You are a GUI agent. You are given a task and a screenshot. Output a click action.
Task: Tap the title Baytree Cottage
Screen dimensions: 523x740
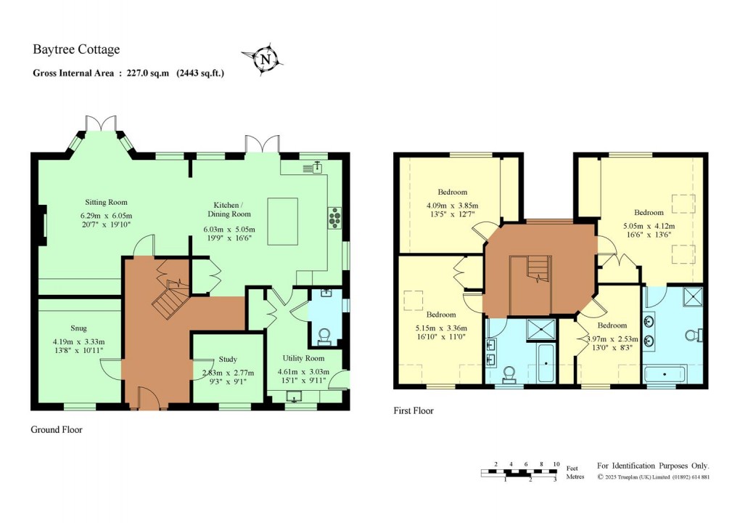(x=76, y=50)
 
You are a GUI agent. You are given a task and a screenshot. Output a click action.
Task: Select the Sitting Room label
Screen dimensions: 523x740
(x=107, y=202)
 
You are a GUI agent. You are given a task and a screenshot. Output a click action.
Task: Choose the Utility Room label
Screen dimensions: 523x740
(x=303, y=358)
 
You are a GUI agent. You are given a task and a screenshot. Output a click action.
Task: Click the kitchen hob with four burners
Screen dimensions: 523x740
(x=336, y=217)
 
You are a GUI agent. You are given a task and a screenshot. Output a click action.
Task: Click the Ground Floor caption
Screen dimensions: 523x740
(x=57, y=430)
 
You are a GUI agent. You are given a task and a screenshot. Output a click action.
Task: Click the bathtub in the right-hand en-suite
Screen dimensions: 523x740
(x=665, y=375)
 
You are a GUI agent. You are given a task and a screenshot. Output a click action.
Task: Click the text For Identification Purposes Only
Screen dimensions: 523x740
(x=653, y=466)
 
